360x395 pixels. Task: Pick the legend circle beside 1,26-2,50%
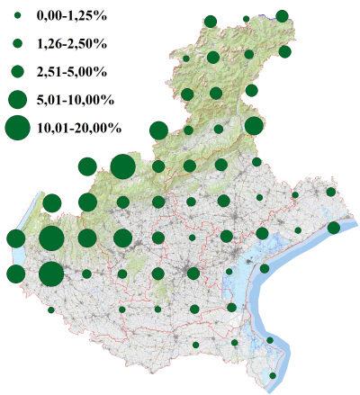[17, 43]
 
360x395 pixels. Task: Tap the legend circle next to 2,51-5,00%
[17, 70]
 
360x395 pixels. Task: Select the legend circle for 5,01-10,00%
[17, 98]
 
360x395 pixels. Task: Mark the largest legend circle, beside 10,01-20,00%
[17, 129]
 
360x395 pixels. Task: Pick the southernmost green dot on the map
[274, 375]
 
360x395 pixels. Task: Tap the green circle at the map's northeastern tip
[283, 15]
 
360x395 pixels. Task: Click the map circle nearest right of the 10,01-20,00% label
[158, 130]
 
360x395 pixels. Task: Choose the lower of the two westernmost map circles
[15, 274]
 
